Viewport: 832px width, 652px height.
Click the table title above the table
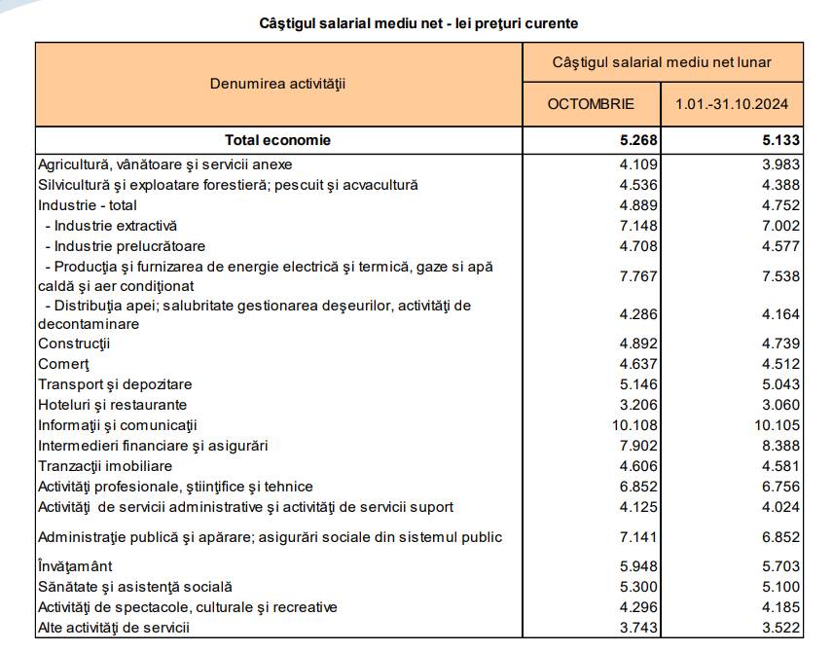coord(418,22)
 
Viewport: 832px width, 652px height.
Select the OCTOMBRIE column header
coord(591,104)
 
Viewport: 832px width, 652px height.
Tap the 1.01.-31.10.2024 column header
coord(732,104)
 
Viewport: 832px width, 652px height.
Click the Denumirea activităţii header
coord(277,84)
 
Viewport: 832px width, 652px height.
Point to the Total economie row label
coord(277,140)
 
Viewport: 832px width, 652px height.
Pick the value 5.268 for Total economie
coord(638,140)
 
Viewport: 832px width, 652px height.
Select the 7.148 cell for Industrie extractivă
coord(638,226)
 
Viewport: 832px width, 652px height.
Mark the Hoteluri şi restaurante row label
coord(112,405)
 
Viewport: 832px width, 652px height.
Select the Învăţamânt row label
coord(75,566)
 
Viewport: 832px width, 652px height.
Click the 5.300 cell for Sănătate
coord(638,587)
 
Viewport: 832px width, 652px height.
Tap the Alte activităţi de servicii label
coord(113,628)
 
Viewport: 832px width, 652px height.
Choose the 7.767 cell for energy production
coord(638,276)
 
